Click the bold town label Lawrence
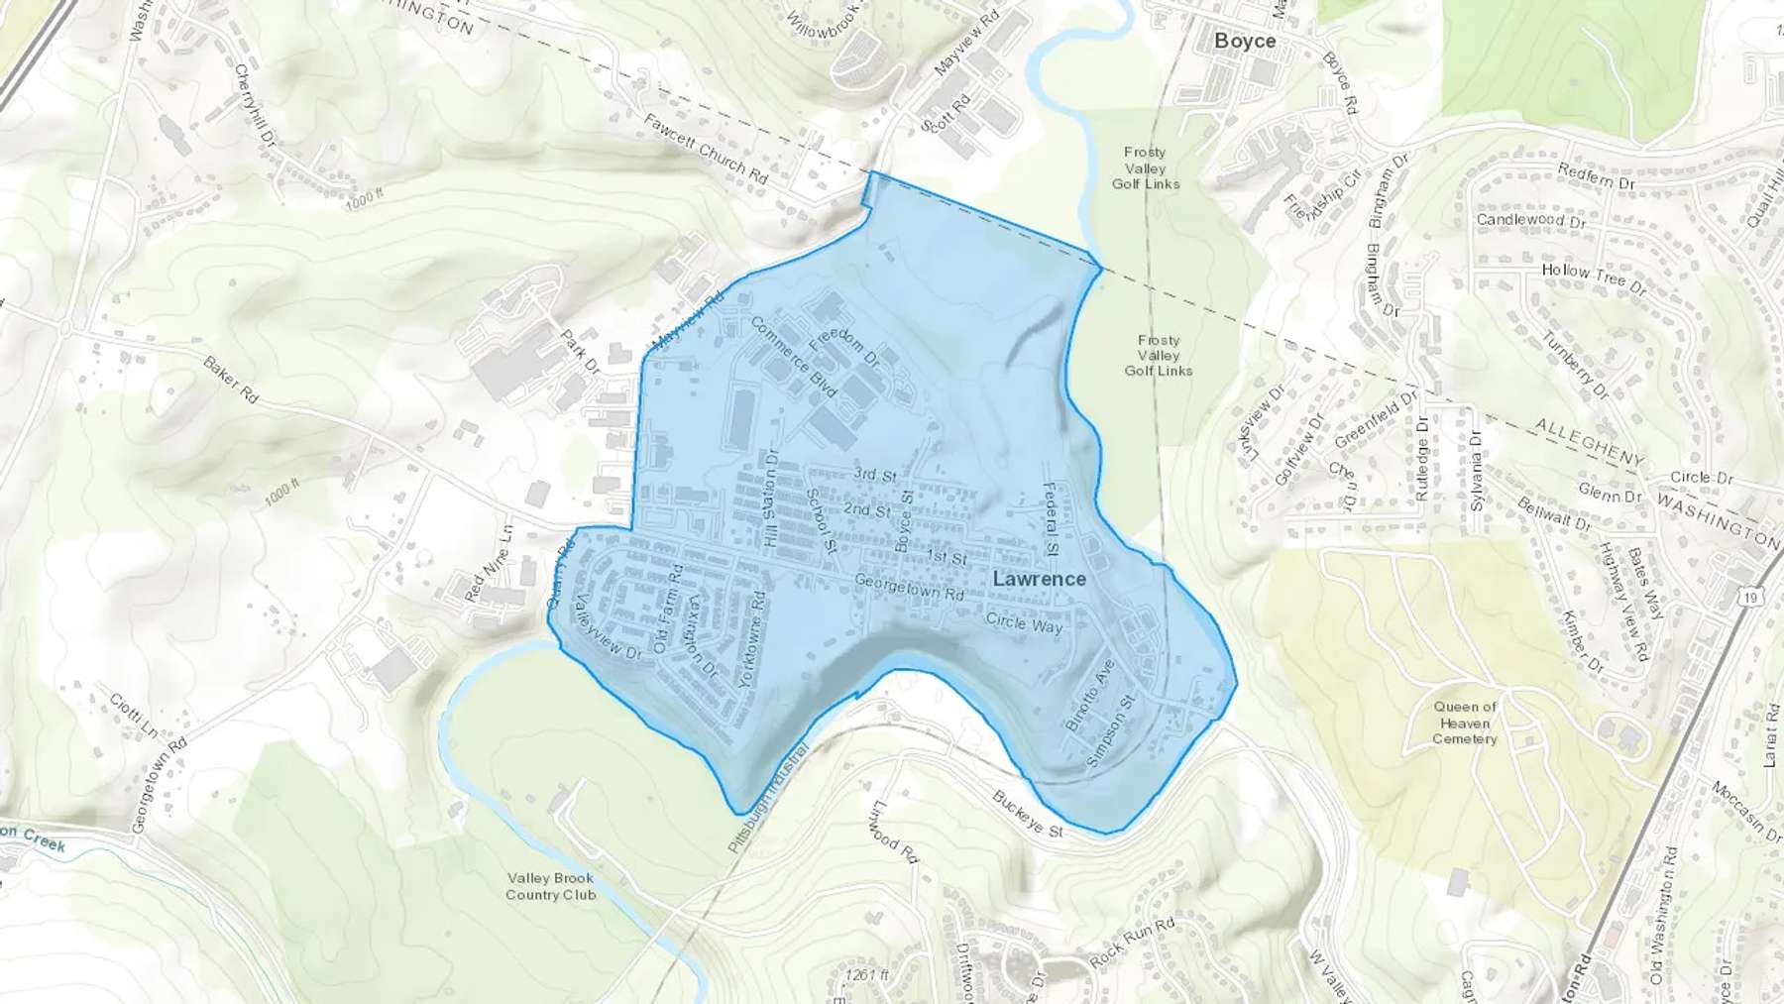(x=1039, y=579)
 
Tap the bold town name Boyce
(x=1245, y=41)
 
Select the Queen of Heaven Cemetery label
(x=1465, y=723)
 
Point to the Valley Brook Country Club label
(x=550, y=886)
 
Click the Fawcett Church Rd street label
(x=706, y=149)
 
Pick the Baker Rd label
(x=230, y=379)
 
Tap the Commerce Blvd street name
(x=794, y=357)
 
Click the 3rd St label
(x=875, y=475)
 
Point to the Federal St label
(x=1051, y=519)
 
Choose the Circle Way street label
(x=1024, y=622)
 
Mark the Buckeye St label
(x=1028, y=814)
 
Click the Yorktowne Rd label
(x=753, y=639)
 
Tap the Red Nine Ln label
(x=489, y=564)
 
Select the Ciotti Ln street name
(x=133, y=715)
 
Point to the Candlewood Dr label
(x=1530, y=220)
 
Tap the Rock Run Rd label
(x=1132, y=943)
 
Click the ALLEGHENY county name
(x=1589, y=442)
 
